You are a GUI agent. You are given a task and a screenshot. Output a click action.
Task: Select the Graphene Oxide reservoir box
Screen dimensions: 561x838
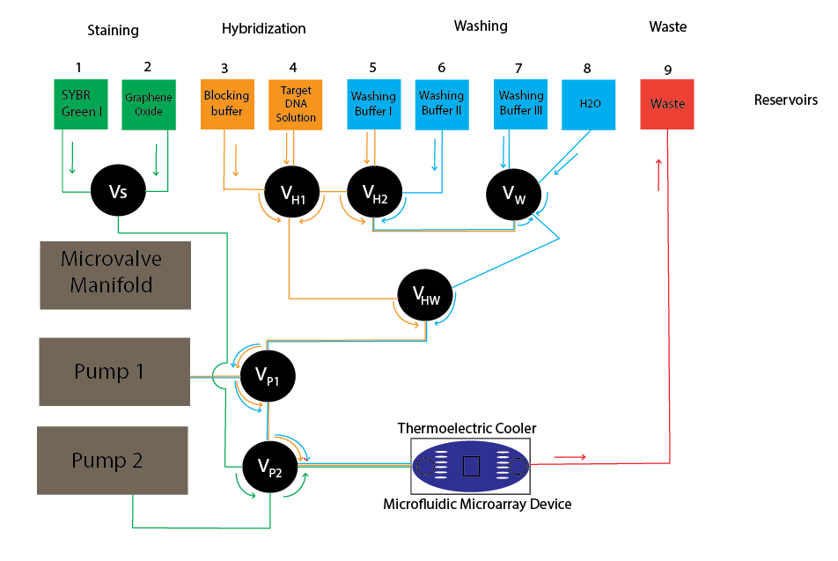pyautogui.click(x=148, y=104)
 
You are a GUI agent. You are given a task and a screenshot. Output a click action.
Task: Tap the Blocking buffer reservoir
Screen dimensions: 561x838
pyautogui.click(x=226, y=104)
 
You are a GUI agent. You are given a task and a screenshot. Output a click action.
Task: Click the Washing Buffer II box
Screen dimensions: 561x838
pyautogui.click(x=441, y=104)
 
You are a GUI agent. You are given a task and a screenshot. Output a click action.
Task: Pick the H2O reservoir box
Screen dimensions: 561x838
pyautogui.click(x=589, y=104)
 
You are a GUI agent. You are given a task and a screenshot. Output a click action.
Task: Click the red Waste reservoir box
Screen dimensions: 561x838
pyautogui.click(x=667, y=104)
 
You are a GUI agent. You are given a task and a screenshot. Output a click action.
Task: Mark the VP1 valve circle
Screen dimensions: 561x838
pyautogui.click(x=268, y=376)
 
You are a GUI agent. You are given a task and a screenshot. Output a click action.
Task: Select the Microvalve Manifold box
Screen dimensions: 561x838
pyautogui.click(x=114, y=274)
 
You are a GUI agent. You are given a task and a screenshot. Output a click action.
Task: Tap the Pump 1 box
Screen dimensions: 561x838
pyautogui.click(x=114, y=371)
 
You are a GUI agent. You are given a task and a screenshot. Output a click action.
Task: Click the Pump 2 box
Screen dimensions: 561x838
pyautogui.click(x=112, y=460)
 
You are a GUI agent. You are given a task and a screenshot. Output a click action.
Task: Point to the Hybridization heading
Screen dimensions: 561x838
pyautogui.click(x=263, y=29)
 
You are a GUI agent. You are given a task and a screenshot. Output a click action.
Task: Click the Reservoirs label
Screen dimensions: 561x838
pyautogui.click(x=785, y=100)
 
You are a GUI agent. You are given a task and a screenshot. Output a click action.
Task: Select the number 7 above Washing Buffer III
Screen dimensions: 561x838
pyautogui.click(x=518, y=68)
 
